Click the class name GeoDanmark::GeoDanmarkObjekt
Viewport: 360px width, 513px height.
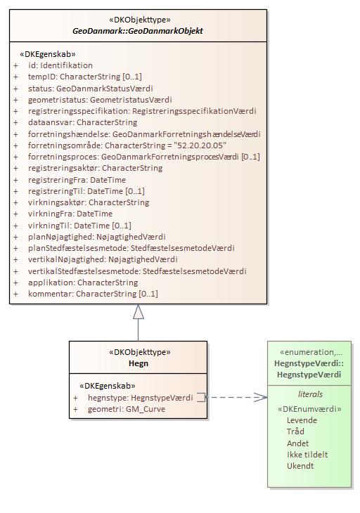138,31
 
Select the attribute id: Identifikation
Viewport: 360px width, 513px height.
60,65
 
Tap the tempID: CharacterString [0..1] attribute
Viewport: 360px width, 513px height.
85,77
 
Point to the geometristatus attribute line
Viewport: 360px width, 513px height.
100,100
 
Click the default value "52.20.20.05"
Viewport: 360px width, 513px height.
200,145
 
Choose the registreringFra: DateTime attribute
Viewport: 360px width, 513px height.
77,180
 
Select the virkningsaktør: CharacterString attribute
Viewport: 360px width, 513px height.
89,202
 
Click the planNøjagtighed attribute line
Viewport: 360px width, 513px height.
97,237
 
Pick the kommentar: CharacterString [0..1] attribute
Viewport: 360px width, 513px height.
93,294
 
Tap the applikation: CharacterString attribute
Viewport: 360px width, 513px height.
83,283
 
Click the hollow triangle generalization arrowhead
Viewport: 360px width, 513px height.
139,312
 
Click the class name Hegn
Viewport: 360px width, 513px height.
139,363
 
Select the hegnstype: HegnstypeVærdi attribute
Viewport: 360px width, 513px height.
141,398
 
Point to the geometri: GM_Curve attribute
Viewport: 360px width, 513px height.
127,409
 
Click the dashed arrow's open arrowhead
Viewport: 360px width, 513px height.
261,397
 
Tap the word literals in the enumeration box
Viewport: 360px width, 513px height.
310,394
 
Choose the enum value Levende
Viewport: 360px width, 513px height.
302,420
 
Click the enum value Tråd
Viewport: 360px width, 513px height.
295,431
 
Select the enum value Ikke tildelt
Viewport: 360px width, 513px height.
307,455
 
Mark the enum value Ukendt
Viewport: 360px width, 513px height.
300,466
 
